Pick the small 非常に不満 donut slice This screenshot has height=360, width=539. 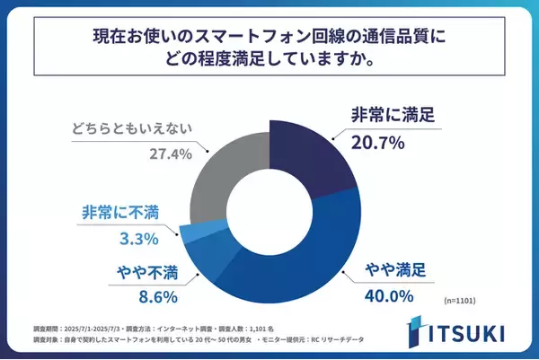(191, 231)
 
